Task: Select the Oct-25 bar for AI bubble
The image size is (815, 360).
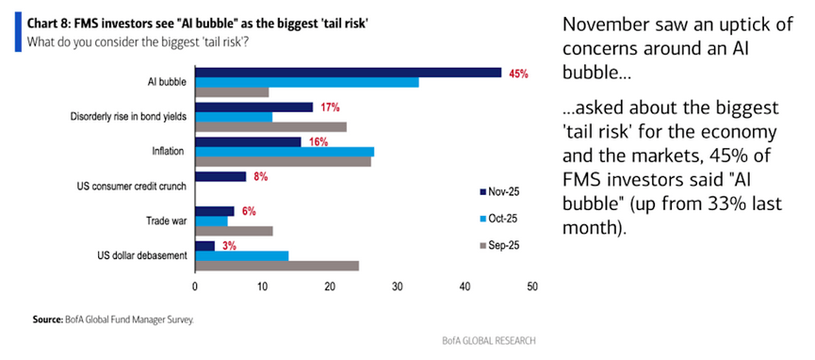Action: (x=306, y=83)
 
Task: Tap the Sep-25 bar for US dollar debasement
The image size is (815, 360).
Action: (x=277, y=266)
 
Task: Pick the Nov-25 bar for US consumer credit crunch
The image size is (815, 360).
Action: (x=220, y=176)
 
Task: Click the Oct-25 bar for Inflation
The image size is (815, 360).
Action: (x=284, y=152)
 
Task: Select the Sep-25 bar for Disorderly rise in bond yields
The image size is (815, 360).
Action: (x=270, y=127)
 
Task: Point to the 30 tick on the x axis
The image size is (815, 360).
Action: (x=398, y=286)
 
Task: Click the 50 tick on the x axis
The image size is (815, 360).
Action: (x=532, y=286)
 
